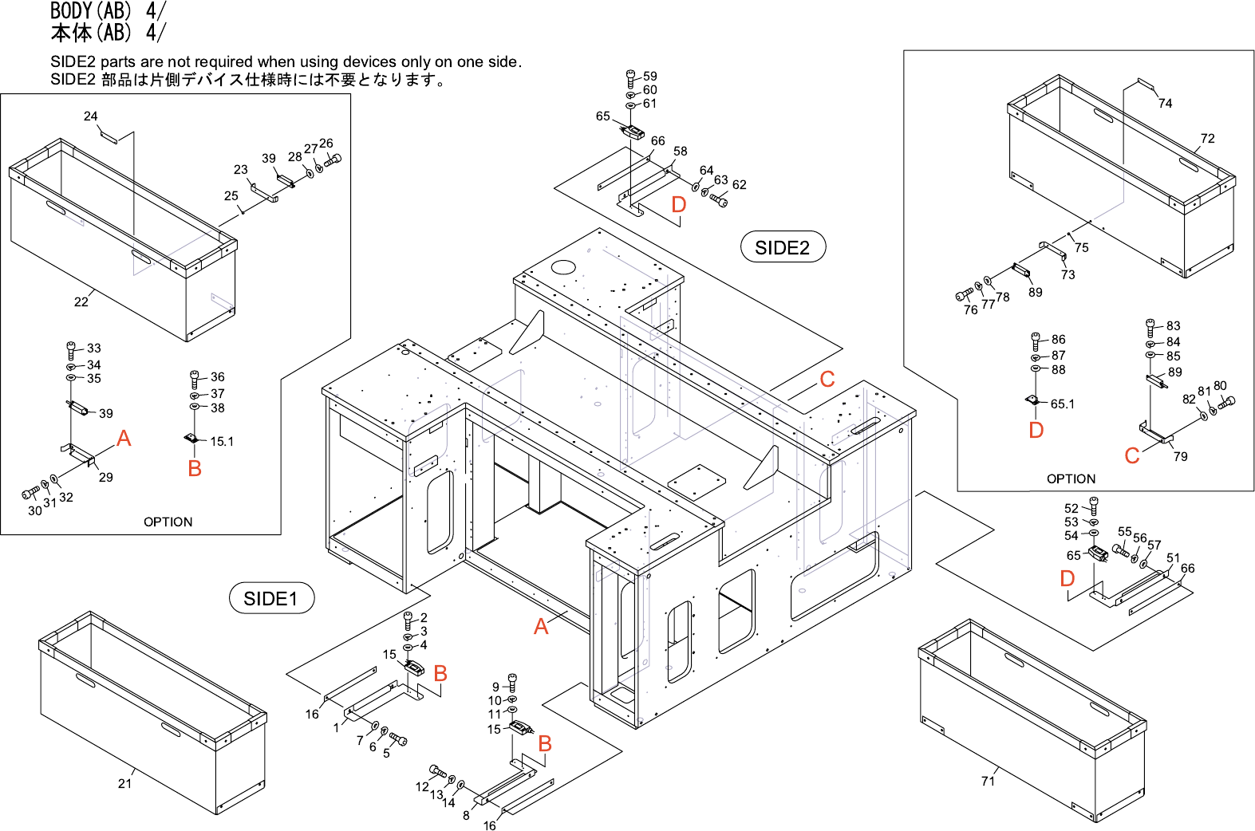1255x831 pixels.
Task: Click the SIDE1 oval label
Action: [271, 598]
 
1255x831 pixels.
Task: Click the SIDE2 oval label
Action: [782, 247]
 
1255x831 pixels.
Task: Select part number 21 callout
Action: [124, 783]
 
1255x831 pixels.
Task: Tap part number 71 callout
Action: [988, 781]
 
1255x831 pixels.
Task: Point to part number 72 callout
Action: [1207, 138]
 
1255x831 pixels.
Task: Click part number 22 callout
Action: [81, 301]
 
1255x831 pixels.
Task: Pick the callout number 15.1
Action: [222, 441]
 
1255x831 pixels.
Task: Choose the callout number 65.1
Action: [1062, 404]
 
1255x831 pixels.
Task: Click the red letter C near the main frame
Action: [827, 380]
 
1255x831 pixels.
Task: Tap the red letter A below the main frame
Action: [541, 627]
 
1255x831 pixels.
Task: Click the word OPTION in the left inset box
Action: [168, 522]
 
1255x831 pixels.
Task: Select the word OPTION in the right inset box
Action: [1071, 479]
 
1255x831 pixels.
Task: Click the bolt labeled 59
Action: [631, 77]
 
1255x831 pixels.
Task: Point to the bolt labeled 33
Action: [72, 349]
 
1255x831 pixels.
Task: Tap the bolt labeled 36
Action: [195, 377]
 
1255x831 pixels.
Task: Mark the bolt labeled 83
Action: [1150, 326]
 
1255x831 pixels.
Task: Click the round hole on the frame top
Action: [563, 266]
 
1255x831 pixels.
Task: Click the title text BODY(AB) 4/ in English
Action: [108, 10]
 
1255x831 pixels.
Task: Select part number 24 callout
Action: [90, 116]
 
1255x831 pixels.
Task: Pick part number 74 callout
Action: [1165, 103]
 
